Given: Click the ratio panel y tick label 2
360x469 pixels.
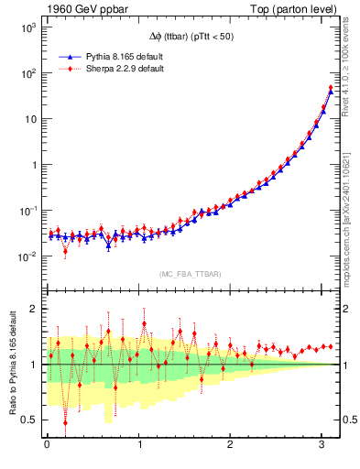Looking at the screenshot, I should tap(31, 309).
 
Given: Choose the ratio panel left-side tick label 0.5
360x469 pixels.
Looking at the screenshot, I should tap(27, 420).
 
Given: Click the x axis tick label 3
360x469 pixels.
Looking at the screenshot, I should tap(320, 445).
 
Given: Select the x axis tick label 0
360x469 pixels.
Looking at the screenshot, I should tap(47, 445).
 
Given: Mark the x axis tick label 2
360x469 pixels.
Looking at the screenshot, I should tap(229, 445).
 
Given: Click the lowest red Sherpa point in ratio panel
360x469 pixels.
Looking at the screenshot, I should tap(65, 422).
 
